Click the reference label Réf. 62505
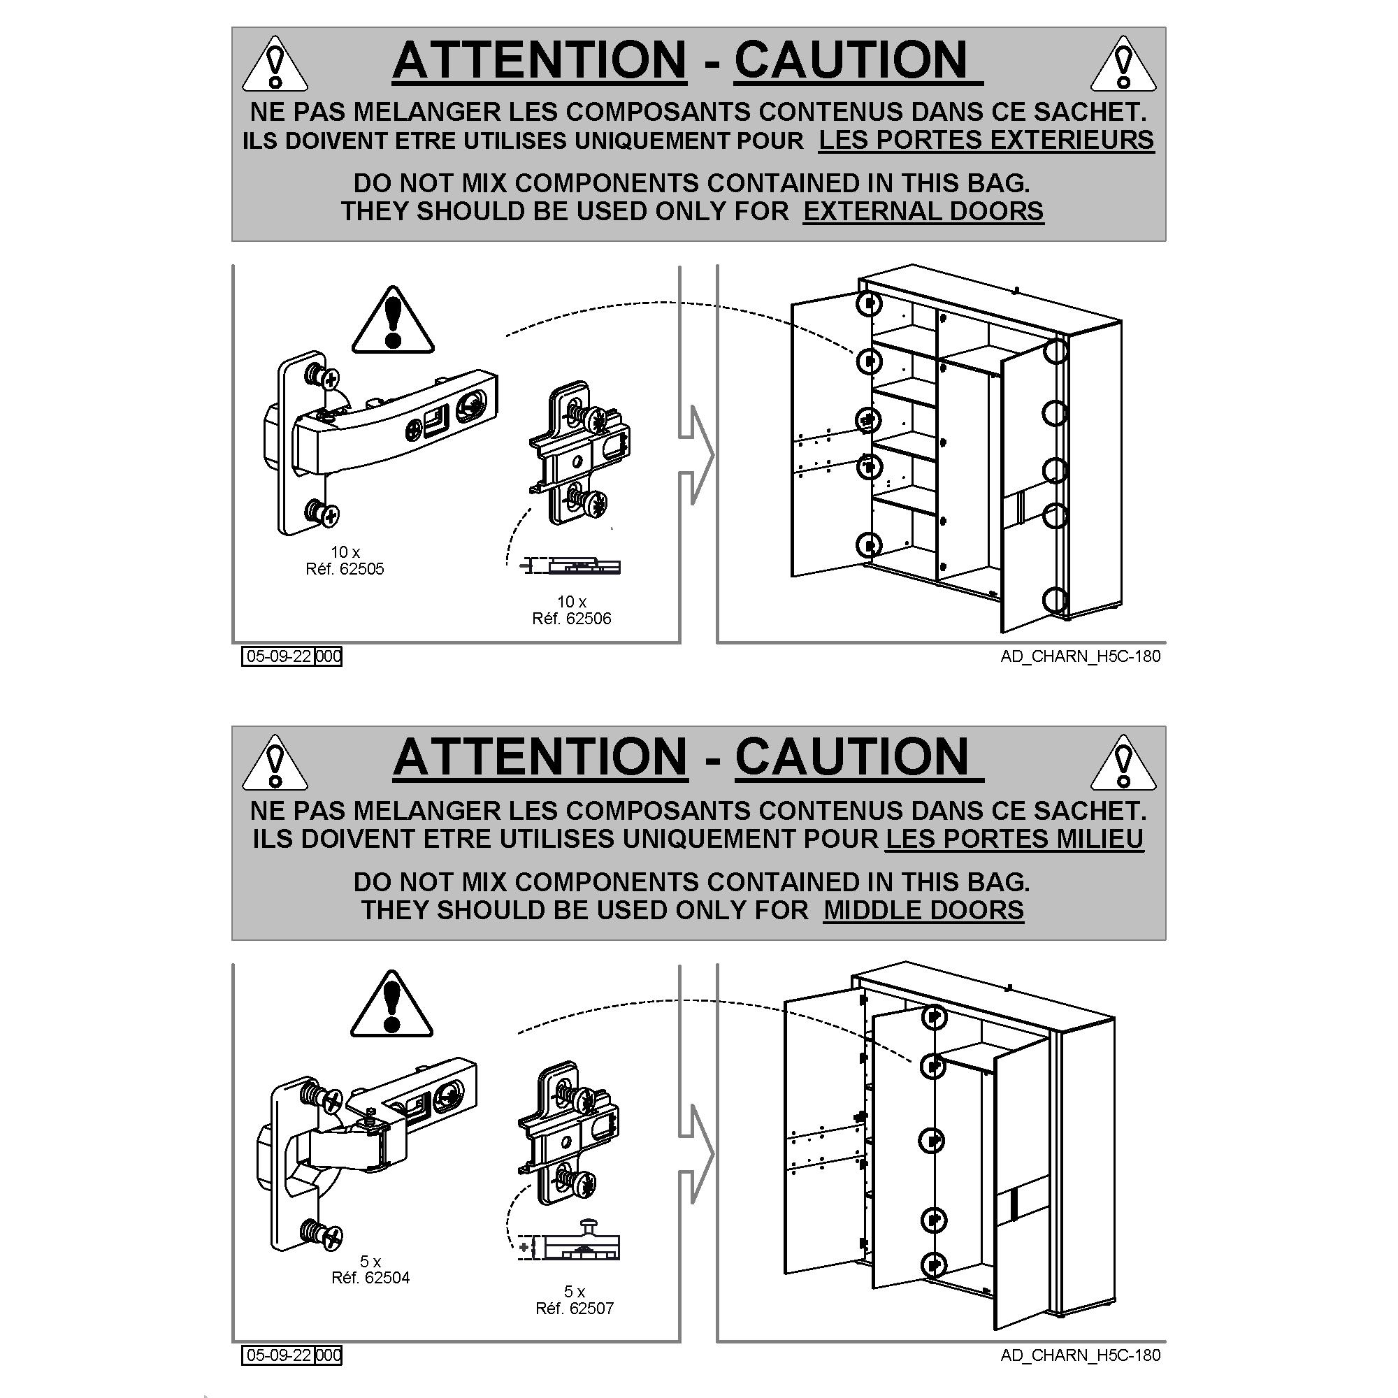click(345, 569)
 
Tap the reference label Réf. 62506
click(572, 618)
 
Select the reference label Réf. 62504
click(370, 1277)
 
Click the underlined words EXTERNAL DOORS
click(923, 211)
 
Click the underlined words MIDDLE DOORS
click(923, 909)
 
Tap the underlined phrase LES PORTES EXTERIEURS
click(986, 140)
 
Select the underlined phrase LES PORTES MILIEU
click(1014, 838)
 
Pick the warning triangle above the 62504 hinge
click(391, 1003)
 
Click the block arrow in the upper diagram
click(696, 454)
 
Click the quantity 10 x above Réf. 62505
click(345, 552)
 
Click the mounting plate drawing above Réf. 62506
click(579, 454)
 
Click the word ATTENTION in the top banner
click(540, 59)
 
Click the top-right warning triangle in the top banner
click(1123, 64)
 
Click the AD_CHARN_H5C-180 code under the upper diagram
click(1081, 656)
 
